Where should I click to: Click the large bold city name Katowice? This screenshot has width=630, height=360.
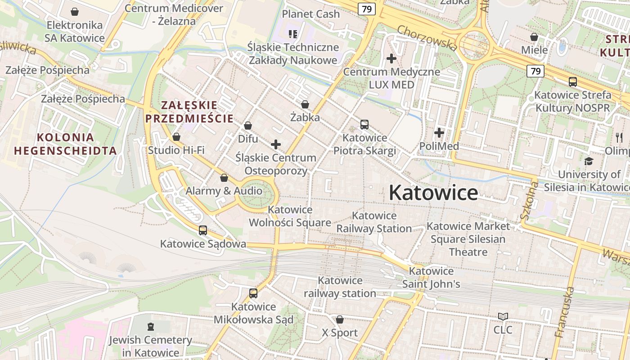coord(433,193)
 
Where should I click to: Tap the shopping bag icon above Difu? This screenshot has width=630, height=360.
coord(247,126)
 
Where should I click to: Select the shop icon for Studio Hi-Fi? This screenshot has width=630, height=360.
coord(176,137)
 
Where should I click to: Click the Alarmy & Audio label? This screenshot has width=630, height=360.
coord(224,191)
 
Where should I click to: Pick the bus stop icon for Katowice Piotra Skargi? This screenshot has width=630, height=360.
coord(364,124)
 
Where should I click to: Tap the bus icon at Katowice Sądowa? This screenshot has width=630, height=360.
coord(203,230)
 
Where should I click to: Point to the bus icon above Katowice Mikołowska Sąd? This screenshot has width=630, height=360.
coord(253,293)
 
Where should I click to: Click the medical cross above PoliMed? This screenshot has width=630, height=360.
coord(439,133)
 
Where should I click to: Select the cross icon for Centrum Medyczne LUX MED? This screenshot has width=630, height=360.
coord(391,58)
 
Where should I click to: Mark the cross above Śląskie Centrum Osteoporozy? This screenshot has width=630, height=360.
coord(276,144)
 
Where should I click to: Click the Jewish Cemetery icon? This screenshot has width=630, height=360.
coord(151,326)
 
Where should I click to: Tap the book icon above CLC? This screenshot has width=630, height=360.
coord(503,317)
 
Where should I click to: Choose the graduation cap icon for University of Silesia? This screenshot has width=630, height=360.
coord(589,161)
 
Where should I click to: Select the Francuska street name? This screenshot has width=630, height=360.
coord(565,312)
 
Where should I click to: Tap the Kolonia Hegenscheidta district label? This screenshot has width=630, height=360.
coord(65,144)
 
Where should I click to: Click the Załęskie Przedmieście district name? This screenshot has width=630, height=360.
coord(189,112)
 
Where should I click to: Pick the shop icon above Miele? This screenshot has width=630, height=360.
coord(534,37)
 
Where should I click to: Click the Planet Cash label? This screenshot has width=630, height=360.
coord(310,14)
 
